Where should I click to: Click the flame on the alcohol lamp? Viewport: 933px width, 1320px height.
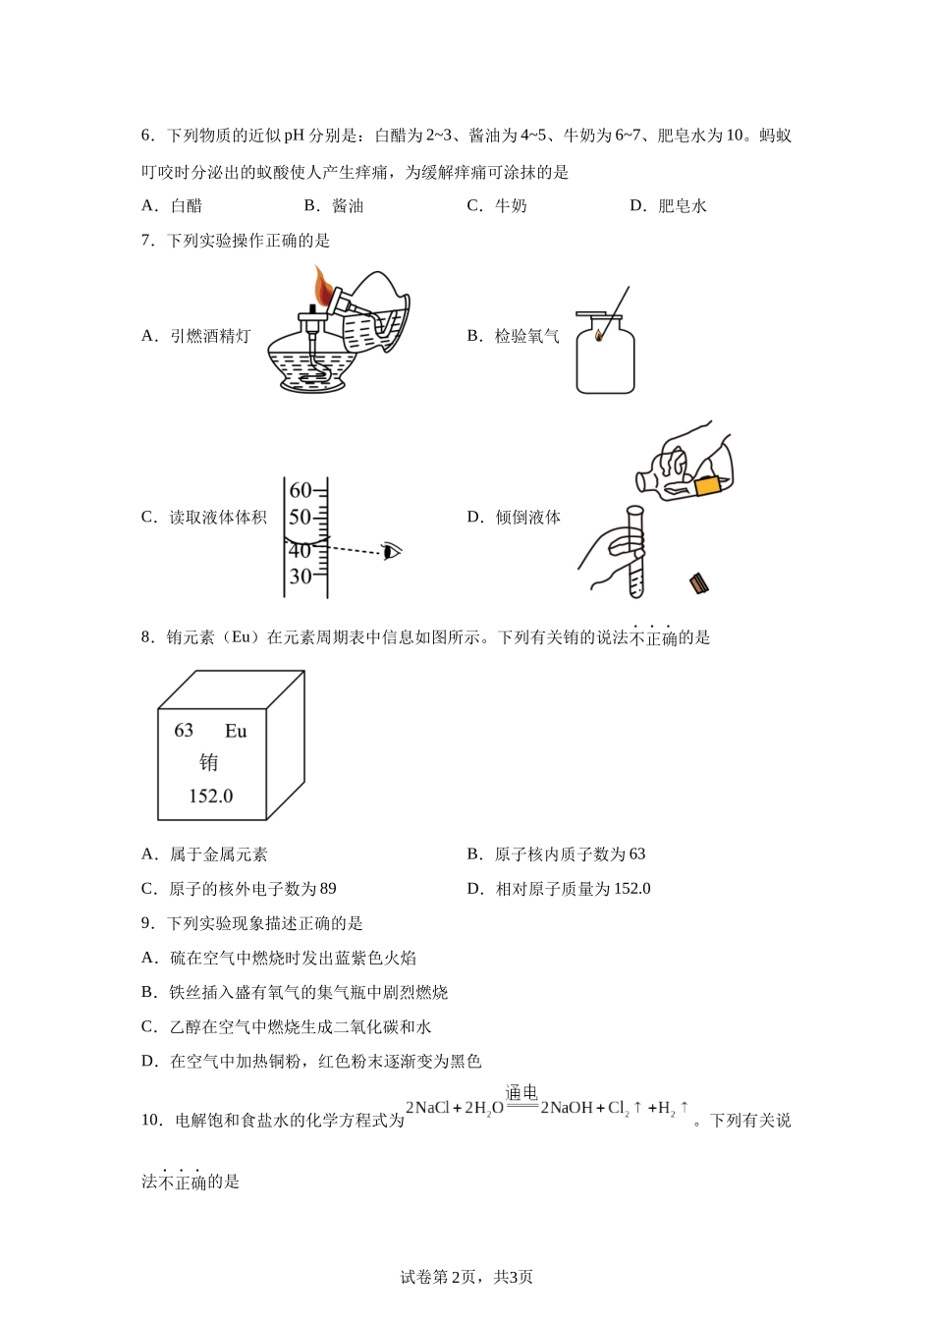pyautogui.click(x=323, y=288)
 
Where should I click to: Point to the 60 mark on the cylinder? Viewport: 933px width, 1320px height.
pyautogui.click(x=300, y=490)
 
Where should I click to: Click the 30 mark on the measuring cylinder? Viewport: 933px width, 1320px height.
pyautogui.click(x=300, y=577)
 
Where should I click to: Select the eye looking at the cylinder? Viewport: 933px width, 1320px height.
pyautogui.click(x=393, y=550)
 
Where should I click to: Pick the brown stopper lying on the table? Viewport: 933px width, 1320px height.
pyautogui.click(x=699, y=583)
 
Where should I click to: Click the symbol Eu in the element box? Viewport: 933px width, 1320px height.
pyautogui.click(x=236, y=731)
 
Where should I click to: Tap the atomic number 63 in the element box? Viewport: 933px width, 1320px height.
pyautogui.click(x=184, y=731)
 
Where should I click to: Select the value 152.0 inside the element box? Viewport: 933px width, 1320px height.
pyautogui.click(x=211, y=796)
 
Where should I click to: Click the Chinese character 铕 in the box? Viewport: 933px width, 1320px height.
pyautogui.click(x=209, y=763)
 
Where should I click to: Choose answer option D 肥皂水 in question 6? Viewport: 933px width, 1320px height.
pyautogui.click(x=669, y=206)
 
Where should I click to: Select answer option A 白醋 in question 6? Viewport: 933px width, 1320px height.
pyautogui.click(x=173, y=206)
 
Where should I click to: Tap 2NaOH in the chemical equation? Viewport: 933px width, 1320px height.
pyautogui.click(x=567, y=1108)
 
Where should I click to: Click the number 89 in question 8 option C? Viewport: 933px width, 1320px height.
pyautogui.click(x=327, y=889)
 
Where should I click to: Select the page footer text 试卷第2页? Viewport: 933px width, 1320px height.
pyautogui.click(x=441, y=1277)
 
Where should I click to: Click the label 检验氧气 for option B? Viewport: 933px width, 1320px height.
pyautogui.click(x=526, y=337)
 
